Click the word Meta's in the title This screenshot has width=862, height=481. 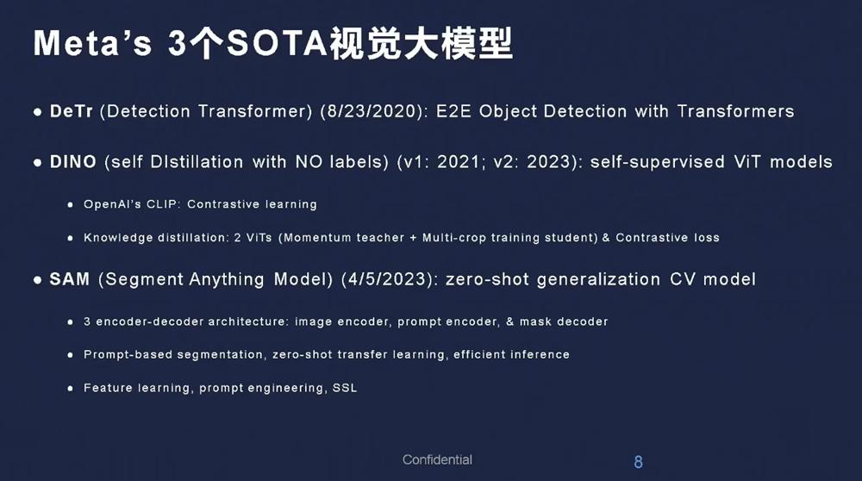(92, 42)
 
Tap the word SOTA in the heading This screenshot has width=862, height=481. (278, 42)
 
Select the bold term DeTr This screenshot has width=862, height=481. (71, 111)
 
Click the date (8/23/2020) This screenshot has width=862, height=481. (374, 111)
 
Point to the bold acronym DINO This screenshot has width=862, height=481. (73, 161)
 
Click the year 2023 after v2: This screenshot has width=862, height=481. (550, 161)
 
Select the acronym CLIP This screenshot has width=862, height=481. (163, 204)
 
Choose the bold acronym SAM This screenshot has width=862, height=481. (69, 278)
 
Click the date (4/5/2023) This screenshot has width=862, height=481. (390, 279)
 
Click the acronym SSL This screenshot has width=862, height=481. (345, 388)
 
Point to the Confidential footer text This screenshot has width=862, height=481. (437, 459)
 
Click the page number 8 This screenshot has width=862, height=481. (638, 462)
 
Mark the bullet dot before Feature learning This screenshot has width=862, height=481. (71, 388)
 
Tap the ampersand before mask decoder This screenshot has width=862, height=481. (509, 321)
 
